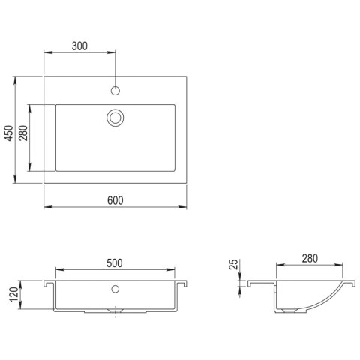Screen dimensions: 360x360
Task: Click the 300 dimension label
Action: tap(80, 46)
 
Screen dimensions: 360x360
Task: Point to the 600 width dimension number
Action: tap(115, 200)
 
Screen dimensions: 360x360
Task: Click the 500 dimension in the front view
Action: tap(115, 263)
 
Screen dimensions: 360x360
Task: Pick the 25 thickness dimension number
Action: tap(233, 265)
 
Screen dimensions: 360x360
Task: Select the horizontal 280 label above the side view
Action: tap(309, 258)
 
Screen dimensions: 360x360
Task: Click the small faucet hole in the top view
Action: tap(115, 91)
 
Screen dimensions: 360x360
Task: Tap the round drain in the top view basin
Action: tap(115, 117)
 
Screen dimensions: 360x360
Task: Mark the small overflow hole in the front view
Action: tap(115, 288)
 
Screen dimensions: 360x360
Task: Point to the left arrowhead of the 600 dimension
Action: tap(46, 207)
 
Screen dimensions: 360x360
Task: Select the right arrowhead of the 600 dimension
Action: tap(184, 207)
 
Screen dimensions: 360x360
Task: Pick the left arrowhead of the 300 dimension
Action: tap(46, 53)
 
